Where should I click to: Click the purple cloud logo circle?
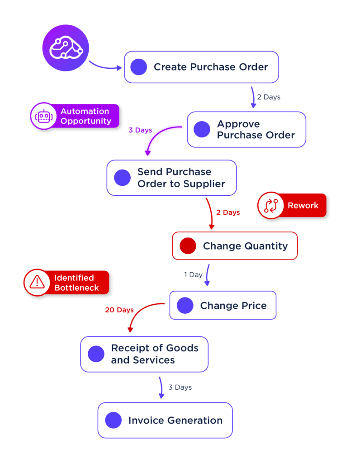coord(66,47)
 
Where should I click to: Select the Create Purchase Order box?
coord(201,67)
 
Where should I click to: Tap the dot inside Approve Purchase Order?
coord(202,129)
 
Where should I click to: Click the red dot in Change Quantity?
coord(188,246)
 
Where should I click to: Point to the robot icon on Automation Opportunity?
coord(43,116)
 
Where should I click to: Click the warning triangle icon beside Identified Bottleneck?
coord(37,283)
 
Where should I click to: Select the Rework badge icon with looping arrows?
coord(270,205)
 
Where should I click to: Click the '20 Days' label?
coord(119,310)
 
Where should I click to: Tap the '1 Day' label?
coord(193,274)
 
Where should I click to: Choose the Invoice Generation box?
coord(165,420)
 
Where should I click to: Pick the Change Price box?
coord(223,306)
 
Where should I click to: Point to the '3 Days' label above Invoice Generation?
coord(180,387)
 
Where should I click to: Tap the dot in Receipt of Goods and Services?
coord(96,354)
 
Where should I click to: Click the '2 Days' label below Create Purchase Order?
coord(269,97)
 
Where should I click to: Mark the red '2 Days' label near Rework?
coord(228,213)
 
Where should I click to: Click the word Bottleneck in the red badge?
coord(76,288)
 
